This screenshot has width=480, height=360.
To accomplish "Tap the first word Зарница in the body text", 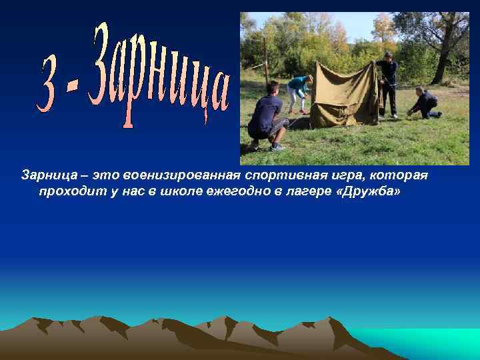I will [47, 175].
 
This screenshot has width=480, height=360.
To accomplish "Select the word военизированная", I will [182, 175].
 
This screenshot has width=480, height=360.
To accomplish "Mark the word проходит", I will [67, 192].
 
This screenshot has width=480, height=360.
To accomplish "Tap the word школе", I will [173, 192].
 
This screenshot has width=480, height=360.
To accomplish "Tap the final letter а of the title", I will [218, 93].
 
